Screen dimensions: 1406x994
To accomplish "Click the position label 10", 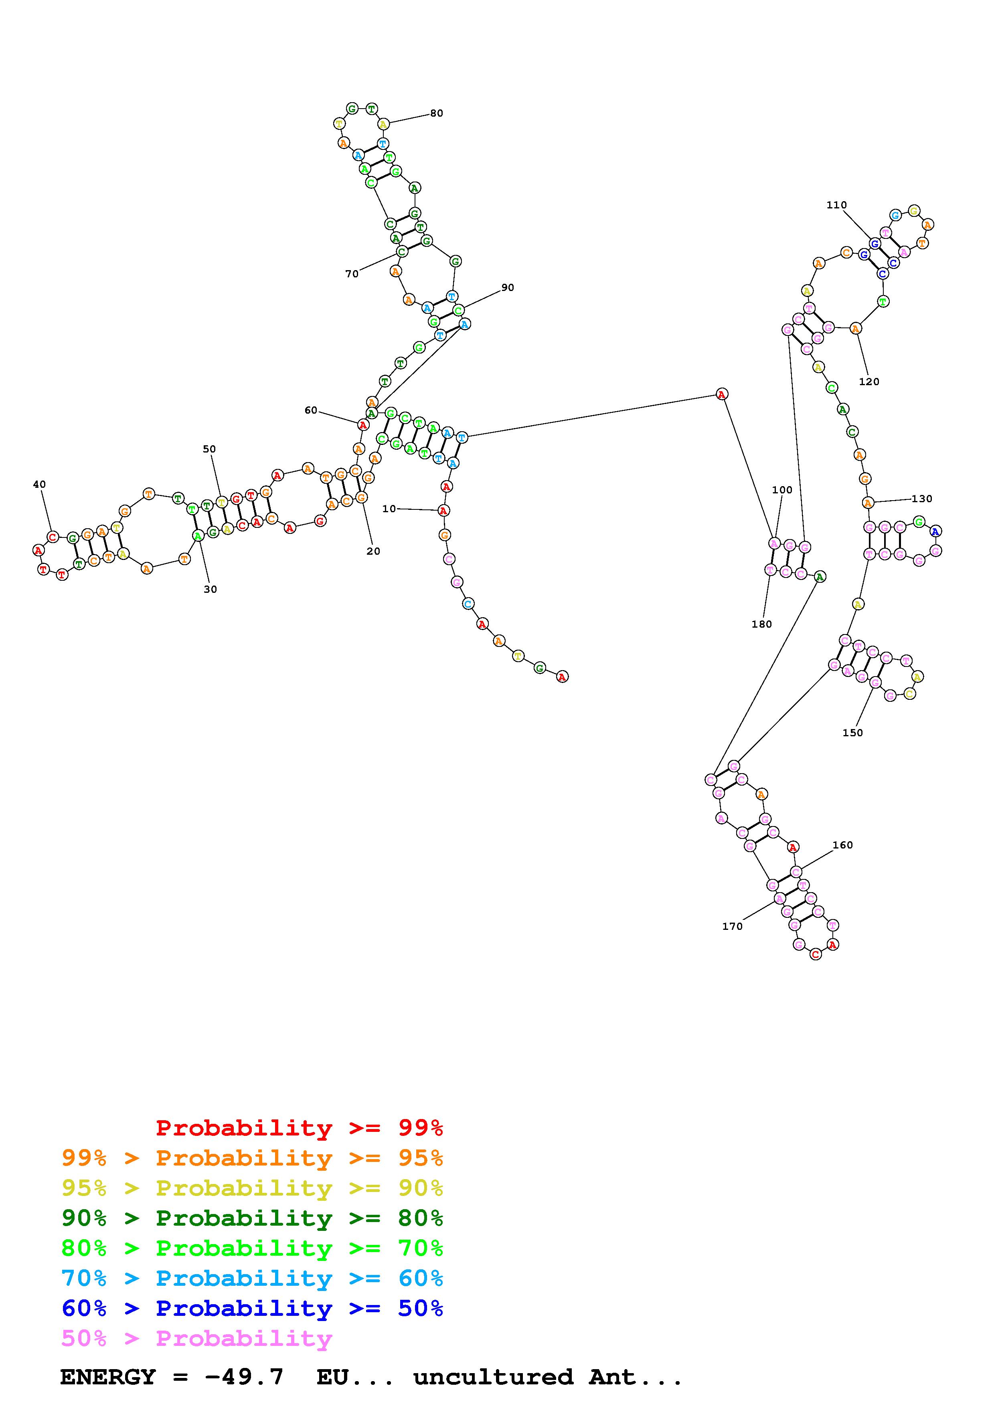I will click(389, 508).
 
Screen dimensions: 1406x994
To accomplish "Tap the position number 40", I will click(39, 485).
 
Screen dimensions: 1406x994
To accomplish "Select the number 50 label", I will click(209, 449).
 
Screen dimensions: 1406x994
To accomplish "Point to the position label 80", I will click(436, 113).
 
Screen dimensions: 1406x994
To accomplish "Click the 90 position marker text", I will click(507, 287).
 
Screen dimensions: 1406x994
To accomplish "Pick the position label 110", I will click(836, 205).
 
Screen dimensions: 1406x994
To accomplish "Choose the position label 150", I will click(852, 732).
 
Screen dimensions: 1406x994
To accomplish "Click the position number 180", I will click(761, 624).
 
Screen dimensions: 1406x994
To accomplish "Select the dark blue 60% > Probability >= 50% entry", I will click(252, 1308).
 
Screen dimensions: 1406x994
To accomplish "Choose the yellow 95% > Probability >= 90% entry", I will click(252, 1188).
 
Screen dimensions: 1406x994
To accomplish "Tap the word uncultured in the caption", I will click(493, 1377).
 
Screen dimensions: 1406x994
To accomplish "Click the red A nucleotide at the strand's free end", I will click(562, 677).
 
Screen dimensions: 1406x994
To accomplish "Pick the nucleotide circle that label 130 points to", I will click(867, 503).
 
